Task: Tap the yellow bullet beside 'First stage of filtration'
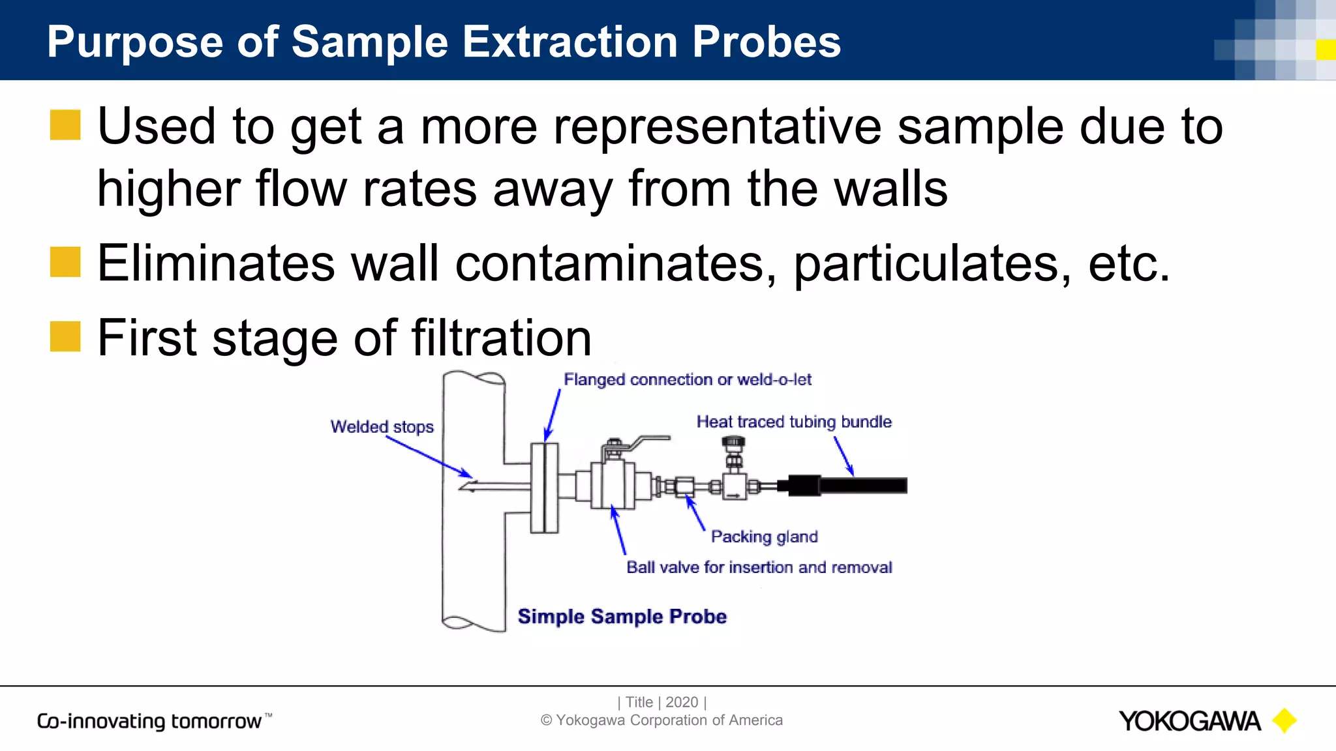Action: coord(65,336)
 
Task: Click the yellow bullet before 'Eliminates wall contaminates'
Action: coord(65,262)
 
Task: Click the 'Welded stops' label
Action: coord(382,427)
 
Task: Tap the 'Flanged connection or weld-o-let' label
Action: coord(687,379)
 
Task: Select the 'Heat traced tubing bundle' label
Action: coord(793,422)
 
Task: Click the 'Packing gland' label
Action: coord(764,537)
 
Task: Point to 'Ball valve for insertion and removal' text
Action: coord(759,567)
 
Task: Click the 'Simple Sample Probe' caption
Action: coord(622,616)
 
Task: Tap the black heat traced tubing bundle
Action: coord(861,485)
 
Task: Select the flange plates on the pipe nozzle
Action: coord(544,488)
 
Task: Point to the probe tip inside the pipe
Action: coord(467,486)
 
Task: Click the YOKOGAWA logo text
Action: coord(1189,721)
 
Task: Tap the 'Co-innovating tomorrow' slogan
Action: coord(150,721)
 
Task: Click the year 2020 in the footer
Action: coord(682,702)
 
